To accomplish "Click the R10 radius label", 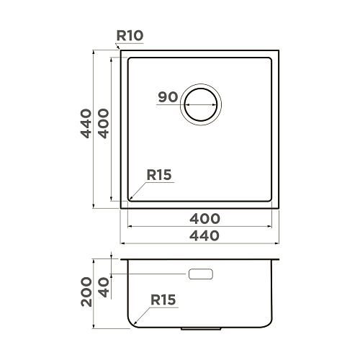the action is pos(130,36).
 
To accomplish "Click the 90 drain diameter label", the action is pos(168,97).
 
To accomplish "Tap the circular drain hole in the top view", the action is pos(201,104).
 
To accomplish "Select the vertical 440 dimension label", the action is pos(86,124).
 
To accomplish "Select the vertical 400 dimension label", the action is pos(104,124).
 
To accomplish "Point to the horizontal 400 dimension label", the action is pos(204,219).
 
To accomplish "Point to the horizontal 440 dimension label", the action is pos(204,235).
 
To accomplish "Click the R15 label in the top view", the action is pos(159,175).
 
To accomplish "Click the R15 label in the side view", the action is pos(163,300).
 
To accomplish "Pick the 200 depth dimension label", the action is pos(86,292).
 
